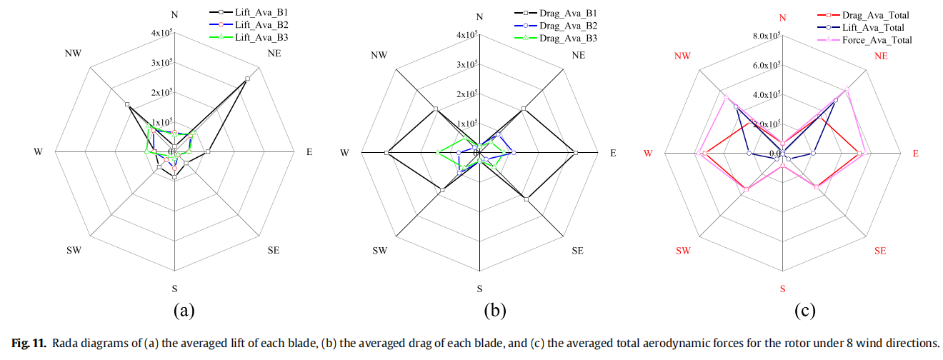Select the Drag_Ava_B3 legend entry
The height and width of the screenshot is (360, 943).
pos(569,38)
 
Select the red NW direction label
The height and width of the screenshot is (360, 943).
pos(682,55)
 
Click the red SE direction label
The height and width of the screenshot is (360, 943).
pos(879,251)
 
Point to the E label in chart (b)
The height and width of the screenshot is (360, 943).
pos(612,153)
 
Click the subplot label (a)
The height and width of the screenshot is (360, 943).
pos(184,311)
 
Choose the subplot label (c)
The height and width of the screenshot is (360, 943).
pos(804,311)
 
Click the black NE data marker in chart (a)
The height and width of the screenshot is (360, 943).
pos(247,78)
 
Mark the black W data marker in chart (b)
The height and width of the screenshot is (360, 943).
pos(386,153)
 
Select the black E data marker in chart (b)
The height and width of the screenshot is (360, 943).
pos(576,153)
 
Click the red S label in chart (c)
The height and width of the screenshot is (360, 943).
pos(782,289)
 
